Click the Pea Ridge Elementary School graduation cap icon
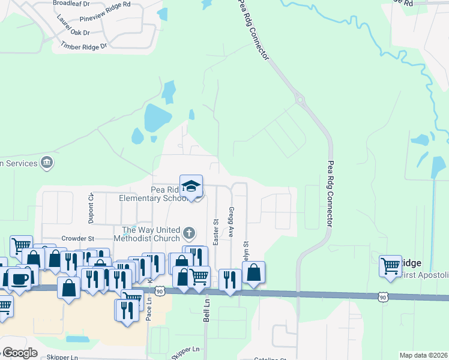[191, 186]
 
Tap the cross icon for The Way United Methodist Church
[189, 232]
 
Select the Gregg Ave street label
[231, 222]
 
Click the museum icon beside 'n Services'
[46, 162]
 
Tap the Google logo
[19, 353]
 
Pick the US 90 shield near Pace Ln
[159, 291]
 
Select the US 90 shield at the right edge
[382, 296]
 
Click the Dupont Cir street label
[91, 207]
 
